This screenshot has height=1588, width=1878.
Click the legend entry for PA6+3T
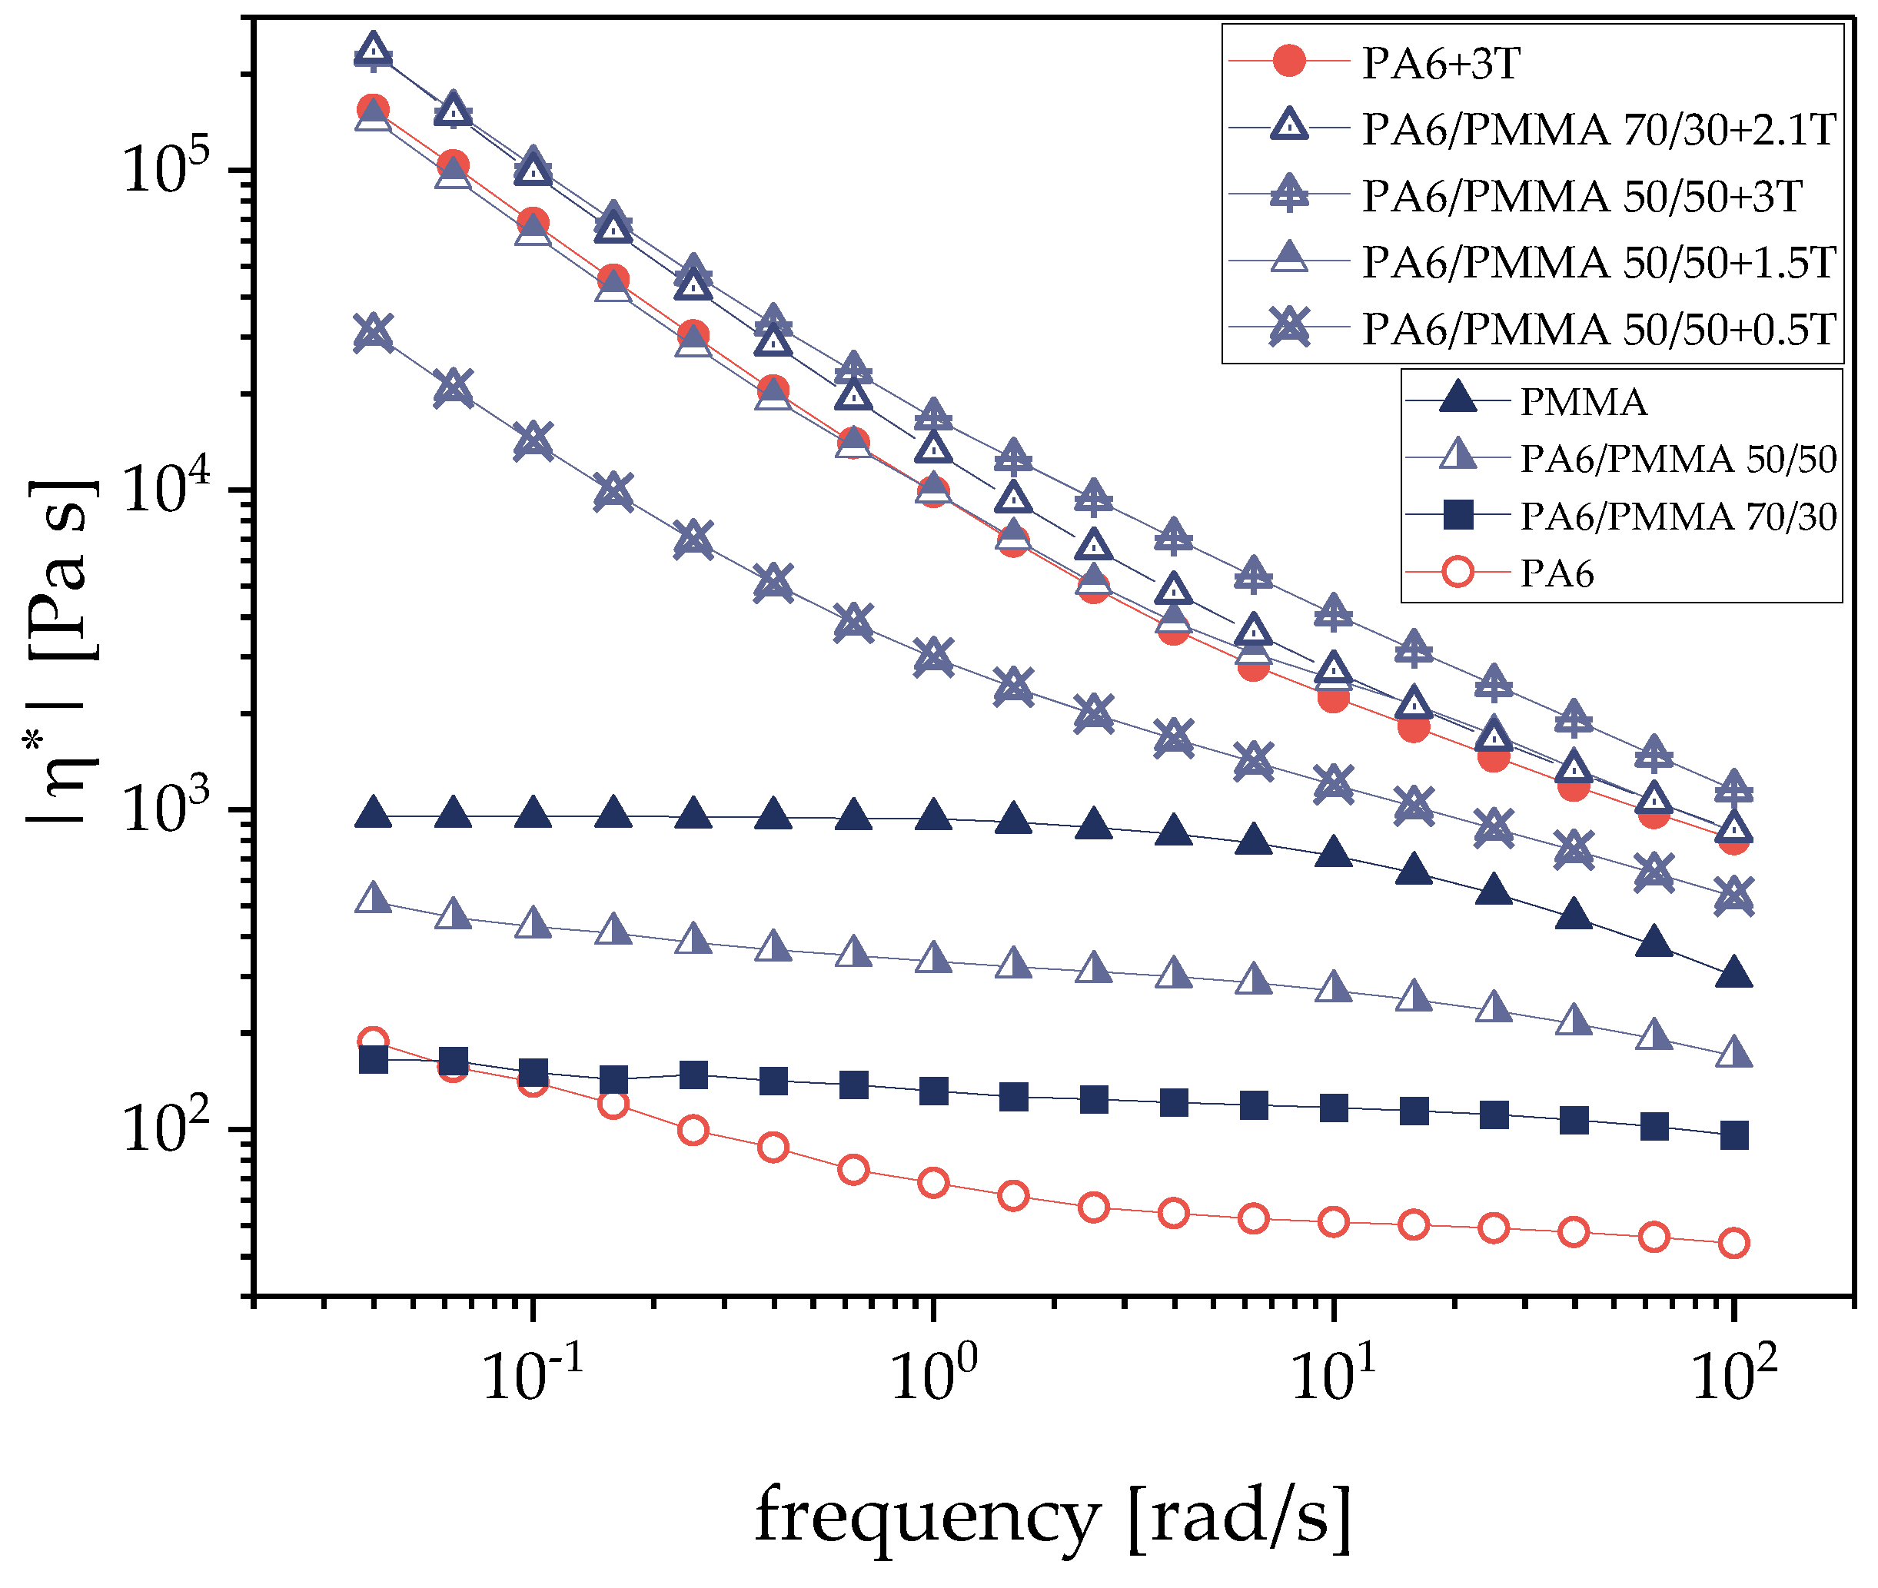(x=1441, y=63)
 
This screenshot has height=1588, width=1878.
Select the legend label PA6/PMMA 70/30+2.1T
(x=1598, y=130)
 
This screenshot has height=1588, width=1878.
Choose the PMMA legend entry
(x=1583, y=401)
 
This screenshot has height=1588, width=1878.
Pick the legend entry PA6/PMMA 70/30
(x=1678, y=517)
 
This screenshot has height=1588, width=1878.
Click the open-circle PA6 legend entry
(x=1557, y=573)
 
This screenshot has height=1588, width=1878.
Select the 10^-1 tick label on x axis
(x=533, y=1374)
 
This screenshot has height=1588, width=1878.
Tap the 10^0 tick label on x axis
(x=933, y=1374)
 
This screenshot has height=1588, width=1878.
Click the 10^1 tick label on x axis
(x=1333, y=1374)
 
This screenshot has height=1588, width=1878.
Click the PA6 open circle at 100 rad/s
(x=1733, y=1243)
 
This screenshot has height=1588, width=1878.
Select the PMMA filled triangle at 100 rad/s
(x=1733, y=975)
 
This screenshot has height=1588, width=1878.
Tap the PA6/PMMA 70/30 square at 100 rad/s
(x=1733, y=1136)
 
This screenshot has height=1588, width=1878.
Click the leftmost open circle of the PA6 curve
(x=373, y=1042)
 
